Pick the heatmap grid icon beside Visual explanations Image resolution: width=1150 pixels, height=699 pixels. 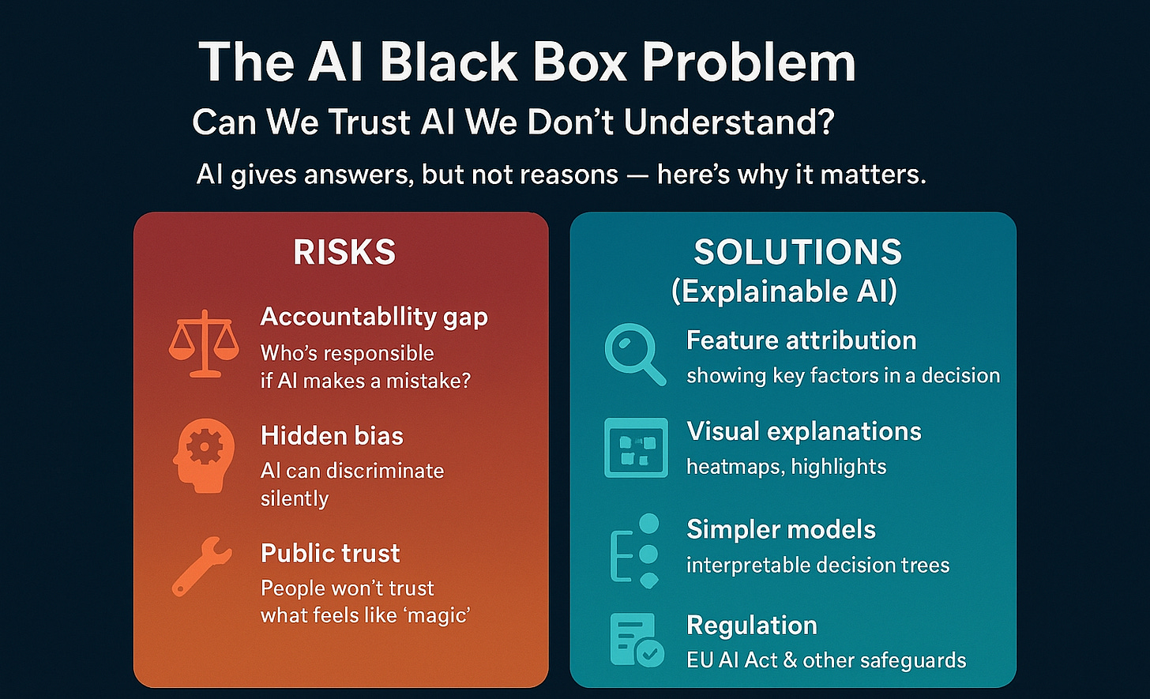(x=635, y=448)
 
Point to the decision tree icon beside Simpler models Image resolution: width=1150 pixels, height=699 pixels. (x=635, y=551)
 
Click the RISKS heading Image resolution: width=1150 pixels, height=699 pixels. (x=344, y=252)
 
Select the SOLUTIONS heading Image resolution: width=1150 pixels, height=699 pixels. (x=798, y=252)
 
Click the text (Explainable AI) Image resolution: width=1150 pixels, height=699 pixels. (x=784, y=291)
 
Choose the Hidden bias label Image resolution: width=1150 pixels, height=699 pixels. (x=332, y=435)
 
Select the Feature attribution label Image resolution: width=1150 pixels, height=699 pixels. (x=801, y=340)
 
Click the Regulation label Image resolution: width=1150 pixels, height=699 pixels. (x=751, y=626)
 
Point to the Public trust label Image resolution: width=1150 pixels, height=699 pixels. (x=330, y=553)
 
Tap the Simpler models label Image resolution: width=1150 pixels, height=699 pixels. (x=780, y=529)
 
